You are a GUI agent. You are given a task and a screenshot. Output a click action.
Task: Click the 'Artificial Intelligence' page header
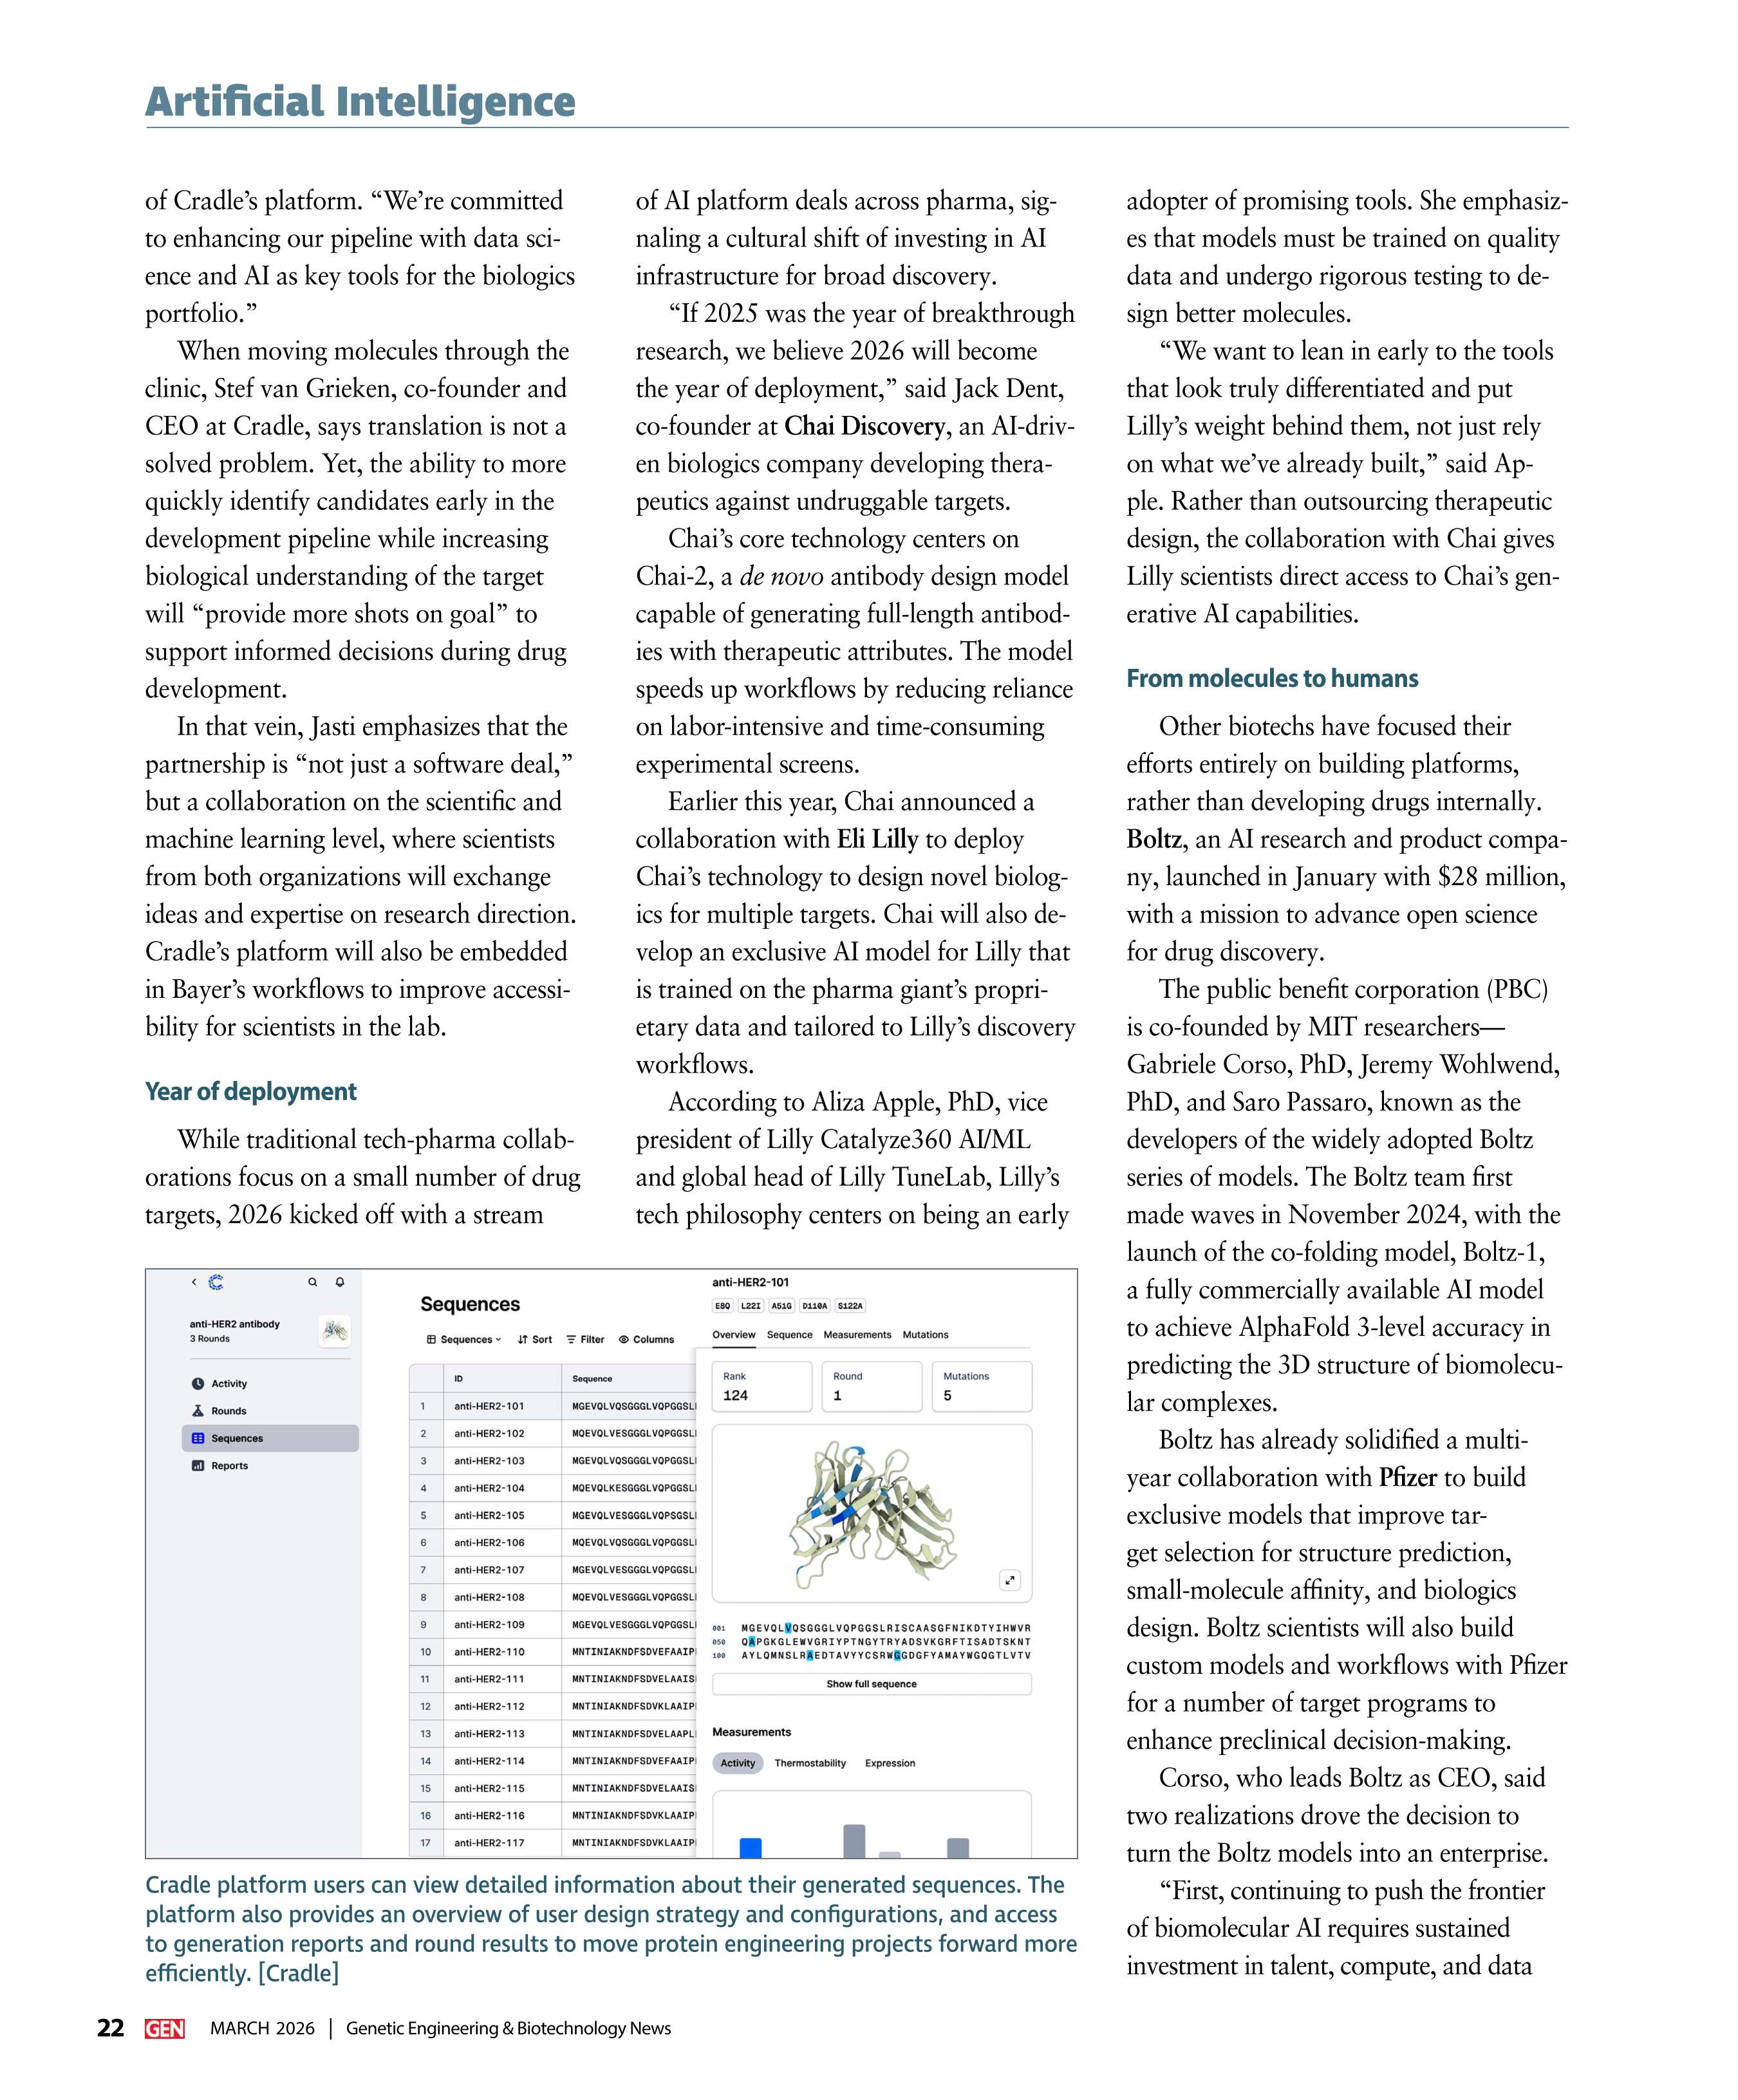click(360, 102)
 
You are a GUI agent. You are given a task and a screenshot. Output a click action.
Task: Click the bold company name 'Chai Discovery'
click(864, 426)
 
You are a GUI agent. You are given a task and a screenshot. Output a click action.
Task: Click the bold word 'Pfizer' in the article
click(1407, 1477)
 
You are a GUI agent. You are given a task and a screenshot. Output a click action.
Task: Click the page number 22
click(111, 2027)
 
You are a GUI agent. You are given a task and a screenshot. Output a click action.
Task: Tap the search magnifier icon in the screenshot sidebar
click(312, 1282)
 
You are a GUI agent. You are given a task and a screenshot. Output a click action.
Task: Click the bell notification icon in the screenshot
click(340, 1282)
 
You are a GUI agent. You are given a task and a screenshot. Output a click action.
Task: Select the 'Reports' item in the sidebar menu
click(229, 1465)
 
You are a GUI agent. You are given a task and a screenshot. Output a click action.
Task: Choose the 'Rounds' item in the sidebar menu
click(228, 1411)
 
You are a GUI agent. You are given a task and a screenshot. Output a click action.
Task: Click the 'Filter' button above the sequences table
click(585, 1339)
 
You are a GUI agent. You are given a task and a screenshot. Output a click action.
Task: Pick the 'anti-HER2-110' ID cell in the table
click(488, 1652)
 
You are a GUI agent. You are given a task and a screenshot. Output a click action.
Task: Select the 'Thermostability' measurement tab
click(810, 1763)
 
